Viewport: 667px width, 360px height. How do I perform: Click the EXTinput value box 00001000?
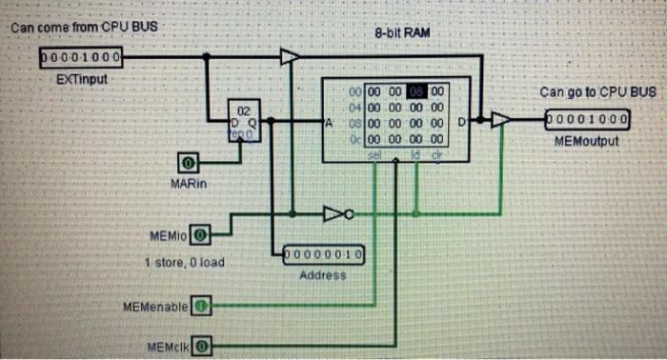(80, 58)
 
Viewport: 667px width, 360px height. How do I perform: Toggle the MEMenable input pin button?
(201, 306)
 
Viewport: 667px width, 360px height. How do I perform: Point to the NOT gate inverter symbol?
(337, 213)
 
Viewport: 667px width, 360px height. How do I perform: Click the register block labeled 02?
(244, 122)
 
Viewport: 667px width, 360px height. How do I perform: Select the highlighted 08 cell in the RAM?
(417, 91)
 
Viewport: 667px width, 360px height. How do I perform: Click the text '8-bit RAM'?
(403, 33)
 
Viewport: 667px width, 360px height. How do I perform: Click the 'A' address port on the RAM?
(330, 123)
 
